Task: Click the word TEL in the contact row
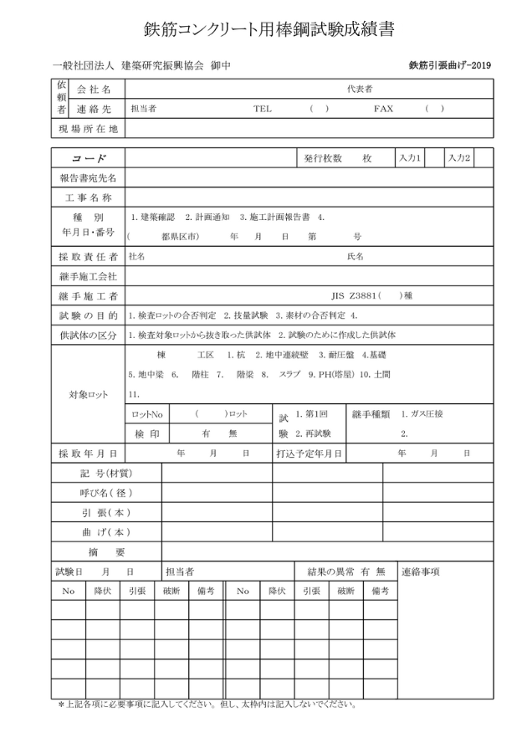pos(263,109)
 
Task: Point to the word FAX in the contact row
pos(383,109)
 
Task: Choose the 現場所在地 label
pos(88,129)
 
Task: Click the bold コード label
pos(88,158)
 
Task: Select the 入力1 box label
pos(410,157)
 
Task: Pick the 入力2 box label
pos(458,157)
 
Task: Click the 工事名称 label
pos(88,197)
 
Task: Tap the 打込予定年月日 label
pos(309,453)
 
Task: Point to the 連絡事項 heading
pos(421,572)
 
